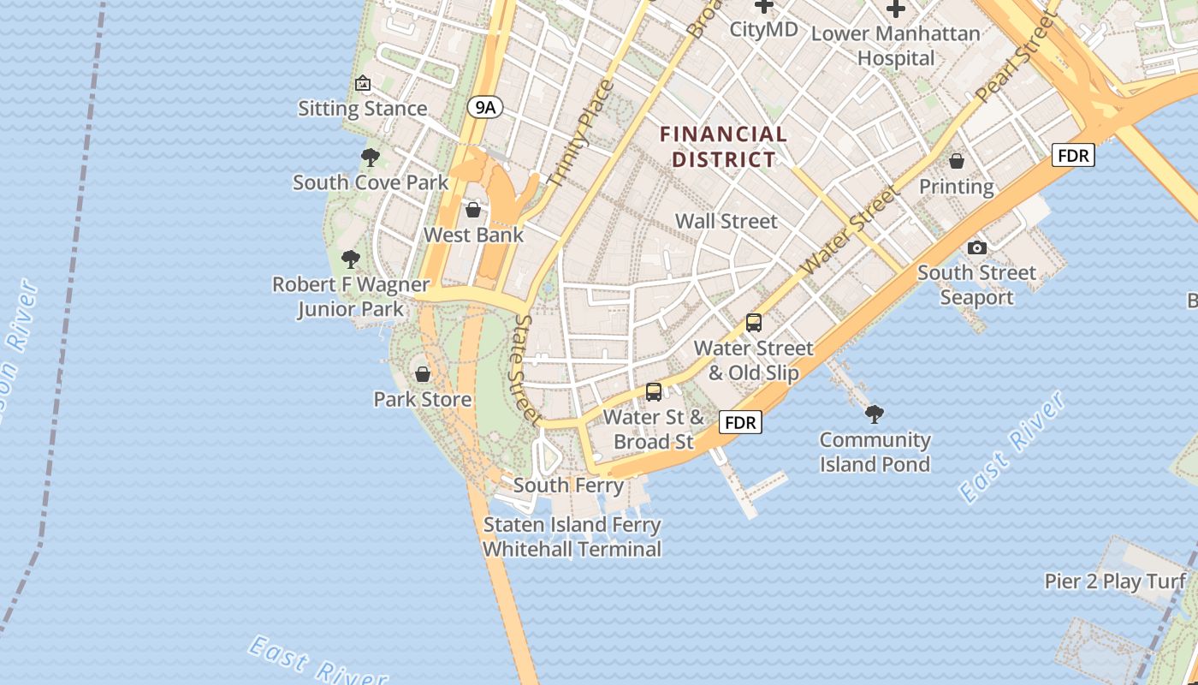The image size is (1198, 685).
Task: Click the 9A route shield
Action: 485,107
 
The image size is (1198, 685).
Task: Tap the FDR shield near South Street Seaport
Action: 1073,155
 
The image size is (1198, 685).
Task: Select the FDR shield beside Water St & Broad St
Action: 740,422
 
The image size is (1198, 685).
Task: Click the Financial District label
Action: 724,146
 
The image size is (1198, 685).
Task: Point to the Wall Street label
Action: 727,221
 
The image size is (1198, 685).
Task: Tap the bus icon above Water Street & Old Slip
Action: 754,323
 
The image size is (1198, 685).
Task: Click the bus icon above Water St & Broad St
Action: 654,392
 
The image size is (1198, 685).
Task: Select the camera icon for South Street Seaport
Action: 976,247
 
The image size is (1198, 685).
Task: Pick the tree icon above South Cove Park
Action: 371,157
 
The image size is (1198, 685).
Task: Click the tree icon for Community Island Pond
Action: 875,414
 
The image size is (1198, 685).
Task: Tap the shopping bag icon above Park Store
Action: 422,374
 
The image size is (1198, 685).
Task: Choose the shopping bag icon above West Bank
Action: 473,210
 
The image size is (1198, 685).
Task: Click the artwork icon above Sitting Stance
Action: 363,83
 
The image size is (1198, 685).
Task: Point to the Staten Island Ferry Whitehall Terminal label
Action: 572,537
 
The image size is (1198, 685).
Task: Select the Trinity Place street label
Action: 581,134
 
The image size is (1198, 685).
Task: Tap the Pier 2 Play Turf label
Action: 1115,581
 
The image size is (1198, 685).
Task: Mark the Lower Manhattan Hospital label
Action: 895,46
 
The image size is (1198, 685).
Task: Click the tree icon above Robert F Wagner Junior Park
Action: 350,259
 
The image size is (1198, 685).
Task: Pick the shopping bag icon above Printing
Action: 957,161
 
